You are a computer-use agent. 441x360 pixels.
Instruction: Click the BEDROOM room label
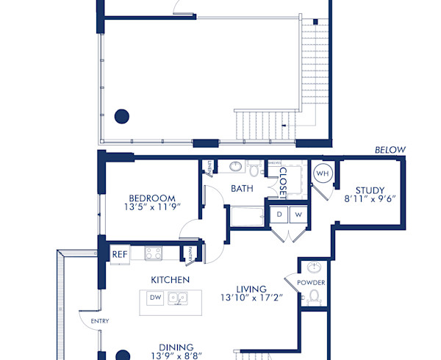coord(152,198)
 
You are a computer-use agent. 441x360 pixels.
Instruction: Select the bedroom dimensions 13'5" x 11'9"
coord(152,208)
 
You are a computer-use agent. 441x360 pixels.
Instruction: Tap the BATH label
coord(242,189)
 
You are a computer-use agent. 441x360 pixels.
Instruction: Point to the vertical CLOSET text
coord(282,184)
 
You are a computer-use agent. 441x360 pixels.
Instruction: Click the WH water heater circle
coord(323,173)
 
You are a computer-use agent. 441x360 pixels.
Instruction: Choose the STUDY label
coord(369,190)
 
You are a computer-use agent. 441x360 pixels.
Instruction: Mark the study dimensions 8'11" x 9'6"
coord(369,199)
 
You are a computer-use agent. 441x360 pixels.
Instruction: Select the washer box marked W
coord(298,215)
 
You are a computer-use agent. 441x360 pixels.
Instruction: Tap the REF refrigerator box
coord(119,254)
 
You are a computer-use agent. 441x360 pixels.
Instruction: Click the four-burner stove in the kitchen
coord(154,253)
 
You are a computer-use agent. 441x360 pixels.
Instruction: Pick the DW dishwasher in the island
coord(155,298)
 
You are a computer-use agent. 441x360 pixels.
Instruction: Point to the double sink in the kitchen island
coord(176,298)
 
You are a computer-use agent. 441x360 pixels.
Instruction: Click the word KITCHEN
coord(171,280)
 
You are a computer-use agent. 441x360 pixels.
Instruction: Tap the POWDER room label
coord(312,283)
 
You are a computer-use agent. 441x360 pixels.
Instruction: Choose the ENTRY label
coord(99,322)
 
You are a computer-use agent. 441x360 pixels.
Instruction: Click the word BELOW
coord(390,150)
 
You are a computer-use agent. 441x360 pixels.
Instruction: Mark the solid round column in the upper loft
coord(122,115)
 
